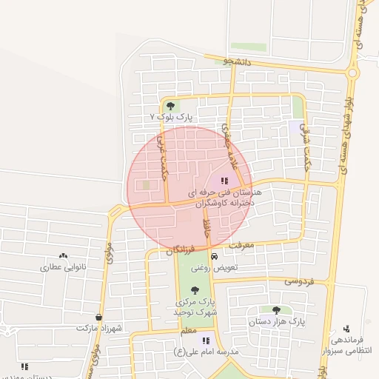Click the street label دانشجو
click(238, 62)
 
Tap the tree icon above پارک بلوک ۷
click(171, 106)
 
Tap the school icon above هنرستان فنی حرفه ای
click(224, 180)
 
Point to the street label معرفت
click(241, 244)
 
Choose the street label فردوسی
click(299, 281)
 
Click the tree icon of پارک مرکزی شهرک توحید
click(195, 290)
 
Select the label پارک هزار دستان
click(276, 322)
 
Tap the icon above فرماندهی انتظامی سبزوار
click(347, 328)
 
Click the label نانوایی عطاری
click(63, 266)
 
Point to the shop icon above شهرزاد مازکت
click(98, 317)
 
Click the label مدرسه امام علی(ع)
click(206, 352)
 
